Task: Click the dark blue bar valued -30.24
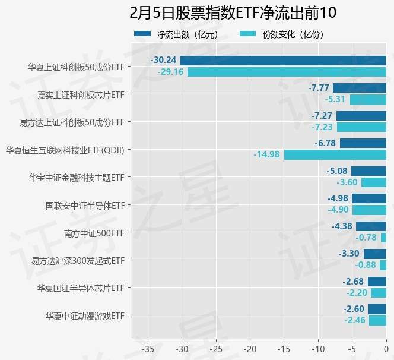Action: pos(283,60)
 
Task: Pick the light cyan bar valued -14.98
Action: pos(335,154)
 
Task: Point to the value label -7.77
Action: pos(319,88)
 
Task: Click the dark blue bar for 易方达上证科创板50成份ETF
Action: pos(361,115)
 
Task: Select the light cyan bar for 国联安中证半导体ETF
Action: pos(369,210)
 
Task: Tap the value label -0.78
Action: pos(366,238)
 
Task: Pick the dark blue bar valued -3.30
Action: pos(375,254)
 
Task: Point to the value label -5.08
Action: pos(336,171)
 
